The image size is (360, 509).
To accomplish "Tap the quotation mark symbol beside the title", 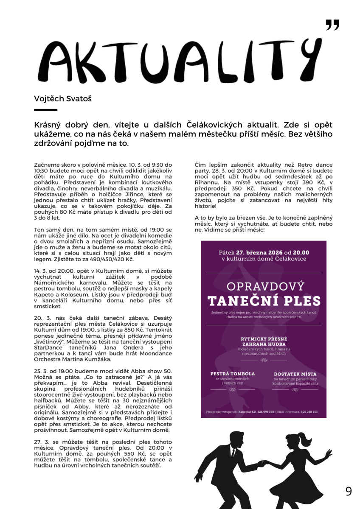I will [332, 25].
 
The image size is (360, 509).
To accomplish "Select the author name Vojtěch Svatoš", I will [63, 99].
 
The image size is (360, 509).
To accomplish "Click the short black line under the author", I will [45, 110].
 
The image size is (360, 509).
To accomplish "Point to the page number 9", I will [349, 491].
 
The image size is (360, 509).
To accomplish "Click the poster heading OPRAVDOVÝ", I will [264, 286].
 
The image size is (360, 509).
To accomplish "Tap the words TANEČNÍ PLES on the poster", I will [264, 301].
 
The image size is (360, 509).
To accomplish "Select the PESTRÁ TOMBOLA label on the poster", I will [233, 374].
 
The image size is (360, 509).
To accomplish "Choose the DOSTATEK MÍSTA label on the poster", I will [295, 374].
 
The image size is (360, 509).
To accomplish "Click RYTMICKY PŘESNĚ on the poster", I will [264, 338].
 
